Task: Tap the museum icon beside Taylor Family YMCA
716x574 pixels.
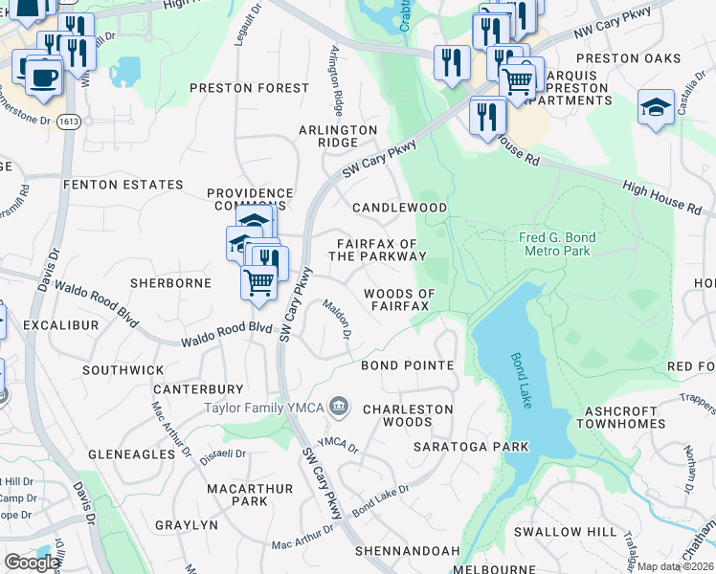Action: pos(338,408)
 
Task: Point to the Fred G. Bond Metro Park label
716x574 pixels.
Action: pos(557,244)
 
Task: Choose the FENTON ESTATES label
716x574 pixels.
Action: pos(123,185)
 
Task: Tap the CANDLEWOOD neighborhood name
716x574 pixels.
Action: pos(399,208)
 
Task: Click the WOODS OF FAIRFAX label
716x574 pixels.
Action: pos(399,299)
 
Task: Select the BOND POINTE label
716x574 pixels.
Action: pos(407,365)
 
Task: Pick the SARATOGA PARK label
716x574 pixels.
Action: pos(471,447)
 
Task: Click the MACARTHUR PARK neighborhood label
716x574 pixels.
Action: pos(236,495)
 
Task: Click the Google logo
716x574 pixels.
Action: pos(32,562)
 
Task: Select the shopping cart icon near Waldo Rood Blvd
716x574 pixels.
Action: pos(258,283)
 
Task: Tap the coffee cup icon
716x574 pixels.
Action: pos(43,76)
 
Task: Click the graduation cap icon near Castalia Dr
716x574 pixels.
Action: pos(656,107)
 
